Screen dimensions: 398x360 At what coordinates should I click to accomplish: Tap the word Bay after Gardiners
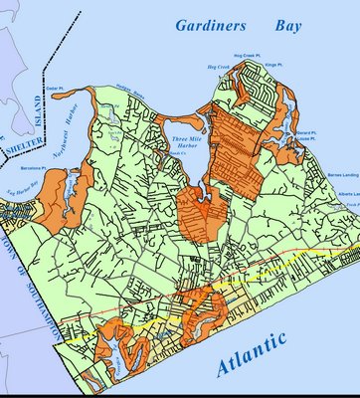coord(285,26)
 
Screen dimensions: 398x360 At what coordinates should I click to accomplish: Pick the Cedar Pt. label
coord(57,89)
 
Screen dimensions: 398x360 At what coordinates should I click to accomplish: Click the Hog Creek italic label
coord(216,68)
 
